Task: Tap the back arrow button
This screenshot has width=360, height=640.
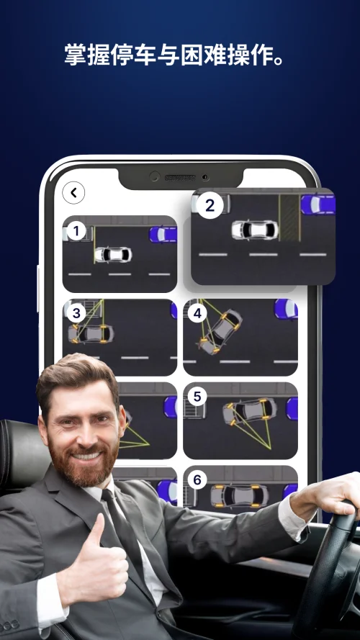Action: click(73, 193)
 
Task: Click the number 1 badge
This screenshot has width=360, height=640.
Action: click(76, 231)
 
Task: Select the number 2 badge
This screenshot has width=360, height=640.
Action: click(210, 205)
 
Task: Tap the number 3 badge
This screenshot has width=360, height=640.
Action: click(76, 314)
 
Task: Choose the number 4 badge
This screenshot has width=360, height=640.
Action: click(197, 313)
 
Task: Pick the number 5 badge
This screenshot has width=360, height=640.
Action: click(197, 397)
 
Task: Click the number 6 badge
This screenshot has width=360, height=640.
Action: click(197, 480)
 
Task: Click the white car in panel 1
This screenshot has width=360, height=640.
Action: click(113, 255)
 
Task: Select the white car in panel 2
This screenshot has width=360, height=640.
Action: click(255, 230)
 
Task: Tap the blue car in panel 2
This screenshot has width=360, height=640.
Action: click(318, 204)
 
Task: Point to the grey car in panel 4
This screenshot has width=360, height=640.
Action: click(219, 331)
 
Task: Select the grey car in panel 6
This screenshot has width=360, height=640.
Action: click(240, 496)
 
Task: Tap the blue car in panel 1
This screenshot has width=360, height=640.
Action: click(163, 234)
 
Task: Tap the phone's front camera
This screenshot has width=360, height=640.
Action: click(154, 176)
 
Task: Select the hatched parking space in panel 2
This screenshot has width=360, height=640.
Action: click(289, 218)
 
